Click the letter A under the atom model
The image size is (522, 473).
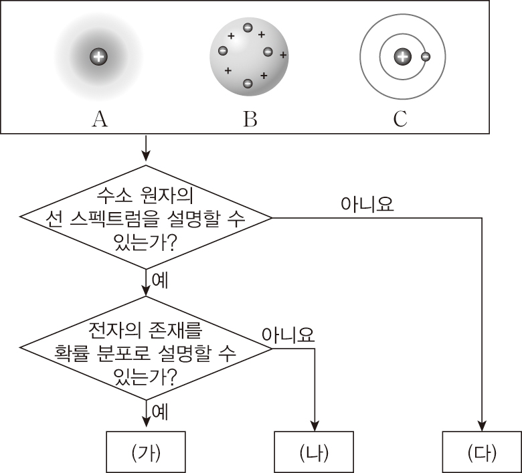(x=99, y=119)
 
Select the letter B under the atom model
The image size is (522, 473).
(x=250, y=119)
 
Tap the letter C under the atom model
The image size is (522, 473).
(x=400, y=119)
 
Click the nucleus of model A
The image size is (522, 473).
(x=98, y=57)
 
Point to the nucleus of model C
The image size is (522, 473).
(x=402, y=57)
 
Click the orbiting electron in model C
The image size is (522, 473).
(x=424, y=57)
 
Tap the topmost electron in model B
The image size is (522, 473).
(x=248, y=28)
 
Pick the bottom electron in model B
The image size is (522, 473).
(x=248, y=84)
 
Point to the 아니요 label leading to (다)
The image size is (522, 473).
(x=367, y=203)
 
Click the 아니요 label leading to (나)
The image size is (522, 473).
(x=288, y=335)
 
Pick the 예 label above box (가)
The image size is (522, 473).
(x=159, y=412)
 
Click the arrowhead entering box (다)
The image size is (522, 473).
(x=482, y=425)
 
